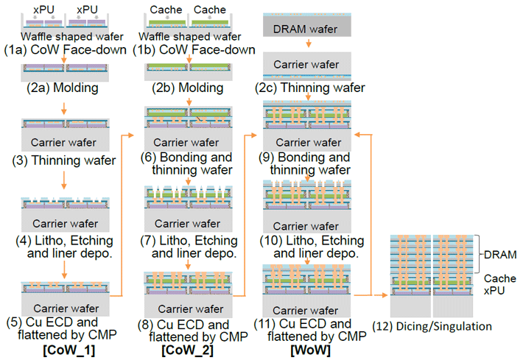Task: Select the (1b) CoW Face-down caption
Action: tap(194, 50)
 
